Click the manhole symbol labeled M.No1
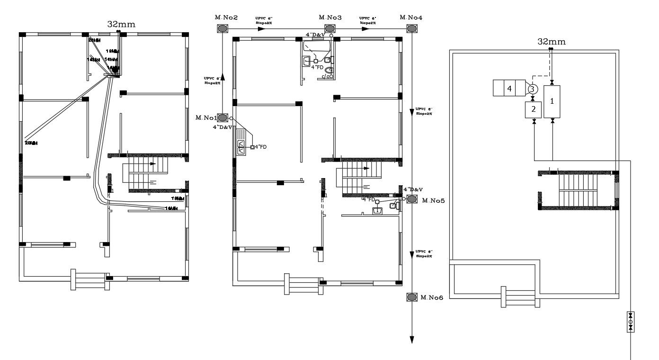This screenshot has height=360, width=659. coord(223,117)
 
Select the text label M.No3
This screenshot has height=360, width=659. coord(330,18)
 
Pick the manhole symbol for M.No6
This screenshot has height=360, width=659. coord(411,297)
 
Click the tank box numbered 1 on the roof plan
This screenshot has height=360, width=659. coord(552,101)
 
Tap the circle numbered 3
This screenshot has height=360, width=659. coord(532,89)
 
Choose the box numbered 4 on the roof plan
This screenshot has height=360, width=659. coord(509,88)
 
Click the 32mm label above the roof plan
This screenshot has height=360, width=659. coord(551,42)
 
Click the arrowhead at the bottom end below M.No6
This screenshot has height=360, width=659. coord(411,339)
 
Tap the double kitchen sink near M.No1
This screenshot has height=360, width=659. coord(240,146)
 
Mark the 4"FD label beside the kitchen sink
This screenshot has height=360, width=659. coord(261,147)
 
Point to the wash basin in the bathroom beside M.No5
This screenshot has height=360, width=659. coord(378,210)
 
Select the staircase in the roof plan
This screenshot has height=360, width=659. coord(578,190)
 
